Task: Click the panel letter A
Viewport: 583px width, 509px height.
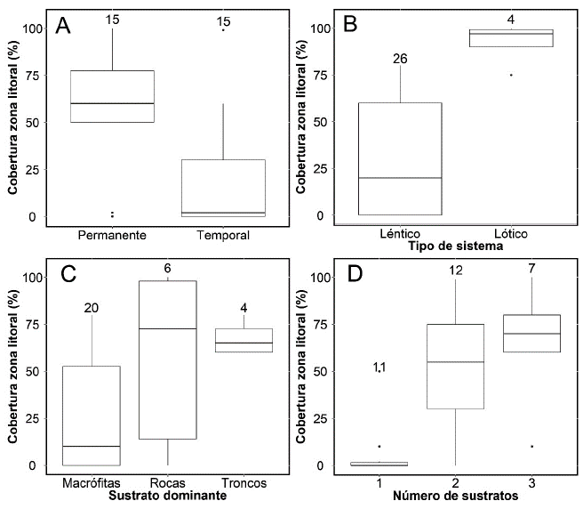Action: coord(63,27)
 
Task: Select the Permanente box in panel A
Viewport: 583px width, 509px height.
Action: coord(112,96)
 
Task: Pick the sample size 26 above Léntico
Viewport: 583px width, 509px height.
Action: coord(400,60)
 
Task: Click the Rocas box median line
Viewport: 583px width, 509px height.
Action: coord(169,328)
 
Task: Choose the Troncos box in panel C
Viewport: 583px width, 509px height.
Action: coord(244,340)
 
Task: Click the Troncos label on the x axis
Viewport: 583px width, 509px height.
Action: coord(244,483)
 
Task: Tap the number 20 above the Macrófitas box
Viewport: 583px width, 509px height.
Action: coord(92,309)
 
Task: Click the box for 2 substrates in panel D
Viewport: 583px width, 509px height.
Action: coord(456,366)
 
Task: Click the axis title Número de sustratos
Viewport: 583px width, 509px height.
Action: coord(456,496)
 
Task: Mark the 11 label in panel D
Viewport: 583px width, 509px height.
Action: coord(379,368)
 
